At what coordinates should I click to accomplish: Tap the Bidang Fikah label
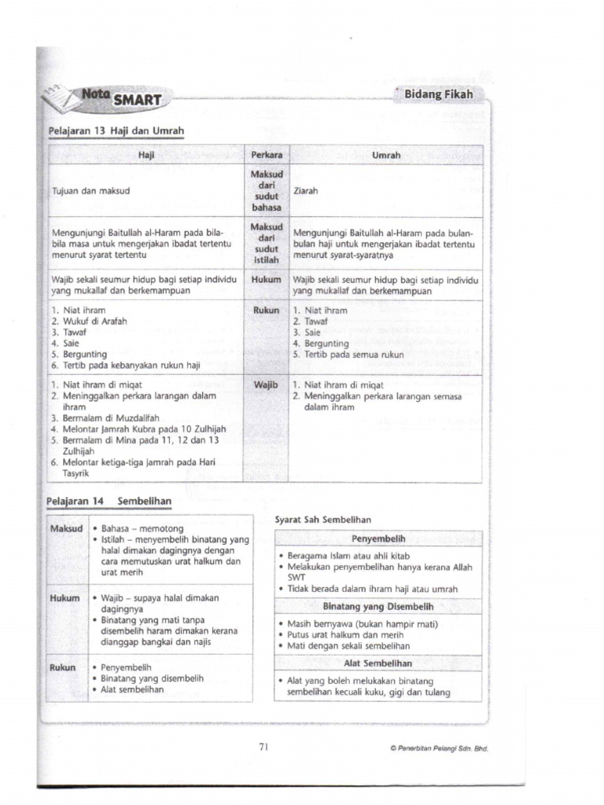(439, 95)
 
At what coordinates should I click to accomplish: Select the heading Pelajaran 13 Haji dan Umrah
(116, 130)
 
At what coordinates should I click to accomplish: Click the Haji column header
(146, 156)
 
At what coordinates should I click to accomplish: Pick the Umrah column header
(386, 156)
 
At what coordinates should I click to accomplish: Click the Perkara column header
(267, 156)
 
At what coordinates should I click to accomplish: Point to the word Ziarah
(305, 190)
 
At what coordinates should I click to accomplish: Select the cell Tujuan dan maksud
(90, 190)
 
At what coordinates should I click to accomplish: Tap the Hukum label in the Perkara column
(267, 278)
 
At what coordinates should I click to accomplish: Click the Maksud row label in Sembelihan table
(67, 528)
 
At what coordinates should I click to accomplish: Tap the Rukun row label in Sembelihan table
(64, 667)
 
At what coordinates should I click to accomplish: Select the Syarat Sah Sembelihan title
(322, 520)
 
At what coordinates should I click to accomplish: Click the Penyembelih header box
(378, 539)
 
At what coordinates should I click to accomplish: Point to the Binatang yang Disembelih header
(378, 607)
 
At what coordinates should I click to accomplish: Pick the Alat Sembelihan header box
(378, 663)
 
